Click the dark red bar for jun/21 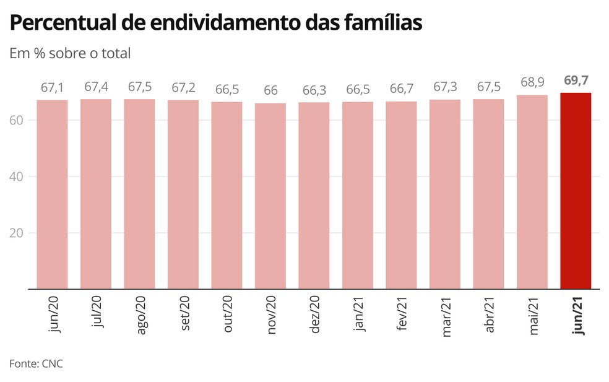click(x=576, y=191)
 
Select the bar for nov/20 click(x=270, y=196)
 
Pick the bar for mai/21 click(x=532, y=191)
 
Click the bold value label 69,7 click(x=576, y=80)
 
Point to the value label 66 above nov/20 click(x=270, y=90)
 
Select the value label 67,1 click(x=52, y=87)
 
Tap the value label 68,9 click(x=532, y=82)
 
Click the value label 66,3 click(x=314, y=90)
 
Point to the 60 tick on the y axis click(x=17, y=119)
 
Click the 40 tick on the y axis click(x=17, y=176)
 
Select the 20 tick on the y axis click(x=17, y=233)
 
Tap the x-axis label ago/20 click(x=140, y=316)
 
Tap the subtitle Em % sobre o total click(x=70, y=53)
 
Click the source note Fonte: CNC click(x=36, y=363)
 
